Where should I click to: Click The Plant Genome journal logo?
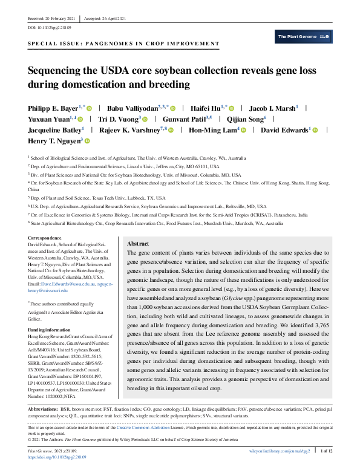coord(304,37)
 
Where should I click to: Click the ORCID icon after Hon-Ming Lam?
coord(243,129)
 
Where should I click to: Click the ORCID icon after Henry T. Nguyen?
coord(87,140)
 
